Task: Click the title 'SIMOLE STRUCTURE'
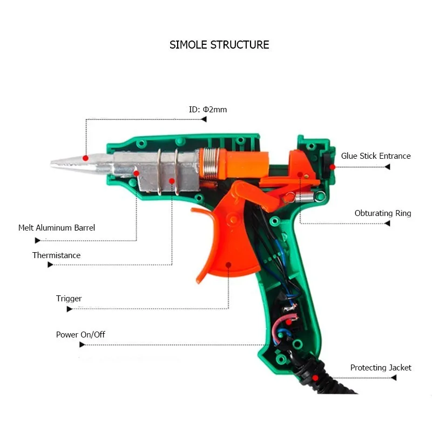tap(219, 45)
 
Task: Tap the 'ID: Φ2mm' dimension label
tap(208, 110)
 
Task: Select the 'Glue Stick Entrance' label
tap(376, 156)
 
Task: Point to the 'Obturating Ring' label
tap(383, 213)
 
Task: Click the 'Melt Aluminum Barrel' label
tap(57, 228)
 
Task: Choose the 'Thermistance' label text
tap(57, 255)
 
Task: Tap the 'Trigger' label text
tap(69, 299)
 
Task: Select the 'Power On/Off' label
tap(80, 335)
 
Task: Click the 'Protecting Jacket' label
tap(381, 368)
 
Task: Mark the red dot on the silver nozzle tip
tap(85, 158)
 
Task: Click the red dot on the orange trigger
tap(228, 265)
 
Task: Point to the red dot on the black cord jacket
tap(315, 378)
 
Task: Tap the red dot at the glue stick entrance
tap(332, 167)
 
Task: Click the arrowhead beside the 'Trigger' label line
tap(70, 309)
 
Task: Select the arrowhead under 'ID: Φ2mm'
tap(204, 119)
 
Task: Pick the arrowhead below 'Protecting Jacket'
tap(394, 377)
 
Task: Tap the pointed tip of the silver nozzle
tap(51, 164)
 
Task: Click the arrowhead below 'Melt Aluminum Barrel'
tap(38, 240)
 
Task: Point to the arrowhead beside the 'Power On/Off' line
tap(82, 345)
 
